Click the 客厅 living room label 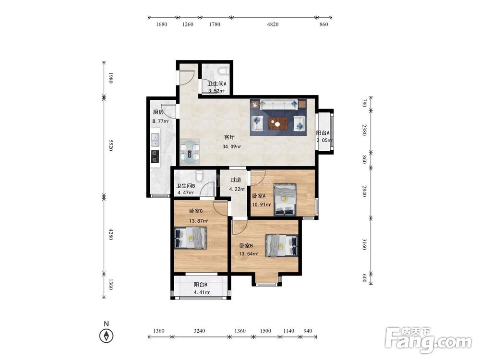[x=229, y=137]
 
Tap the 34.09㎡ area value [x=231, y=146]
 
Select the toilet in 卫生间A [x=223, y=71]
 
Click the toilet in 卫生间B [x=199, y=176]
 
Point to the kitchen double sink [x=156, y=139]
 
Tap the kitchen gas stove [x=156, y=156]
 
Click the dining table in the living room [x=190, y=152]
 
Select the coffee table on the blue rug [x=278, y=124]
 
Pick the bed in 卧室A [x=285, y=199]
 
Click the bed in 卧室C [x=190, y=238]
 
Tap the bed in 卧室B [x=282, y=245]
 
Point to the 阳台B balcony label [x=201, y=285]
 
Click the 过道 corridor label [x=236, y=180]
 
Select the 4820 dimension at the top [x=273, y=24]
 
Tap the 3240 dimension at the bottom [x=199, y=331]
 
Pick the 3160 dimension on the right [x=364, y=244]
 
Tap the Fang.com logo [x=428, y=340]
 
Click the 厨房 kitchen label [x=158, y=112]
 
